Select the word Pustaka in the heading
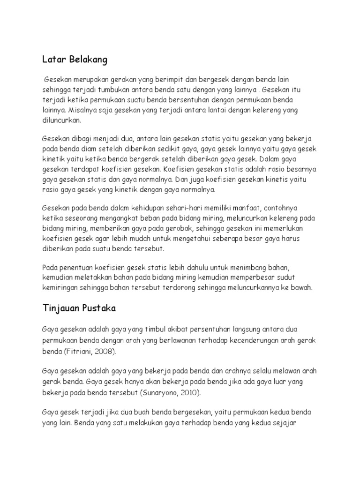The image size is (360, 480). (x=99, y=308)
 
